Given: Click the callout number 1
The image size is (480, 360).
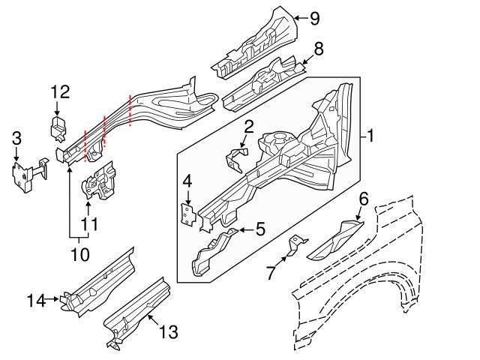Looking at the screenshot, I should click(x=370, y=136).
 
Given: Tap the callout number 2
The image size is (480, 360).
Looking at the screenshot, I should click(x=248, y=127).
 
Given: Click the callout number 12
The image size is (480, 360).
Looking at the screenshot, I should click(x=60, y=92).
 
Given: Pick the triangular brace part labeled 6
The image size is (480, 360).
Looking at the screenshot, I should click(x=336, y=238).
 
